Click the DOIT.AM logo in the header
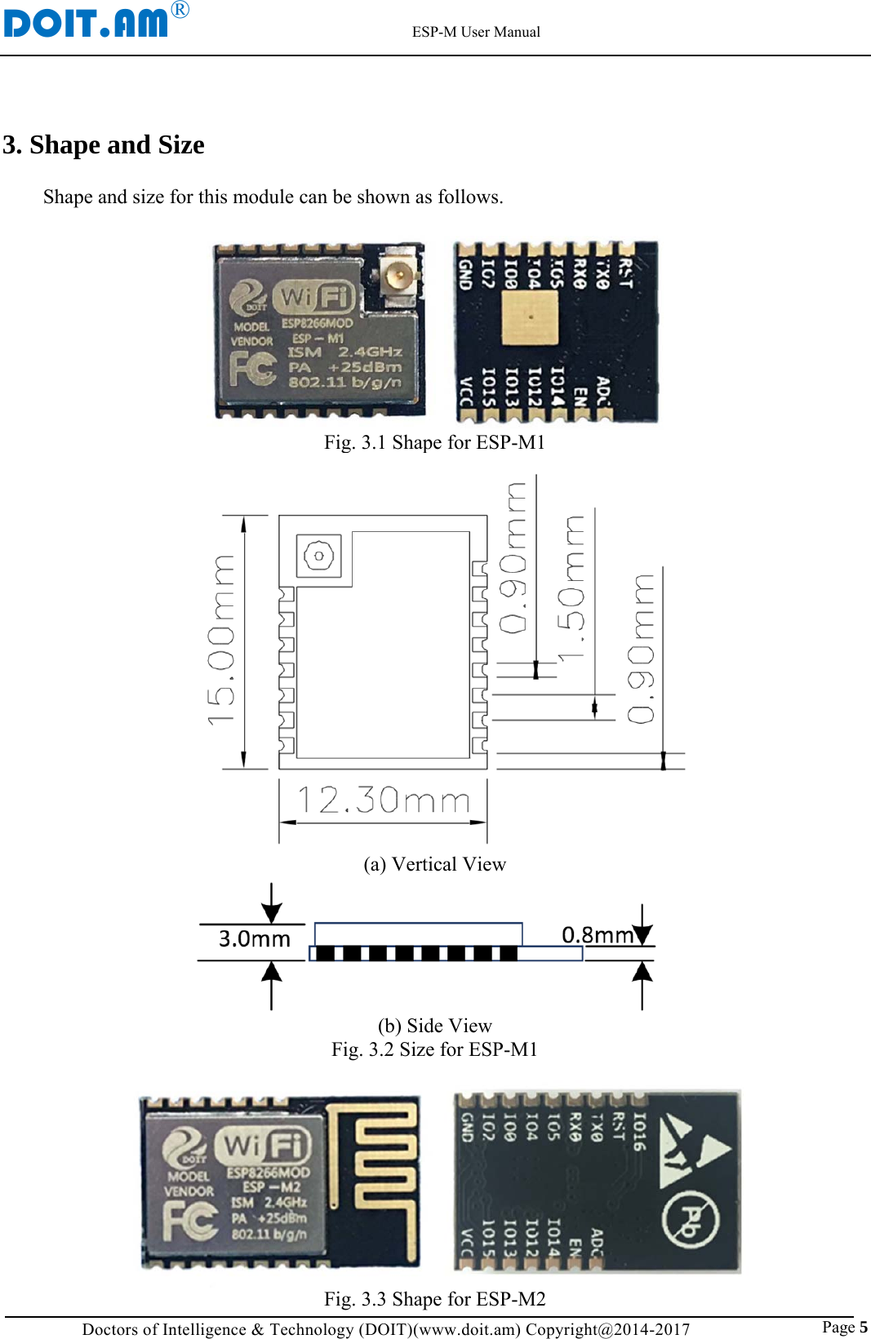click(87, 21)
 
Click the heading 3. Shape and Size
click(104, 144)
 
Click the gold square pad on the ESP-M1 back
click(531, 316)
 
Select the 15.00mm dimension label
click(221, 641)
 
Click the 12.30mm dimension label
click(383, 800)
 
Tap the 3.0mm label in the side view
click(254, 939)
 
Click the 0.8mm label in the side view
click(598, 935)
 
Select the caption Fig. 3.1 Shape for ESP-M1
click(434, 442)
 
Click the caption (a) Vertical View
click(434, 864)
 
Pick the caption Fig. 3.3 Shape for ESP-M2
click(434, 1298)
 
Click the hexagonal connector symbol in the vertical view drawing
click(318, 556)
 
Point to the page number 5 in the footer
click(863, 1327)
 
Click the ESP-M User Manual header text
click(476, 32)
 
